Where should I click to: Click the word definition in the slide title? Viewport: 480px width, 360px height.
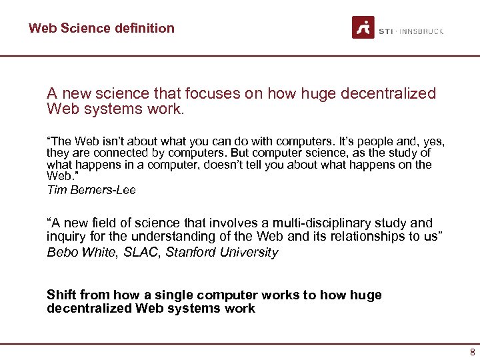tap(143, 28)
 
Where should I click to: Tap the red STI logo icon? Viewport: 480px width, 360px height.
tap(363, 27)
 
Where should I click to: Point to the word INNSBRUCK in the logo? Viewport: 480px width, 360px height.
tap(422, 31)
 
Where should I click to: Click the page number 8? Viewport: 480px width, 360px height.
tap(472, 352)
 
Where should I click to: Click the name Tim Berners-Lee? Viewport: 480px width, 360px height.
tap(91, 190)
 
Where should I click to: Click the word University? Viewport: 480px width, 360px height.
tap(249, 252)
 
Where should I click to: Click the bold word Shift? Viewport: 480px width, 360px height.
tap(61, 295)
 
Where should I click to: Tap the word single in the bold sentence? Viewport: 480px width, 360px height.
tap(175, 295)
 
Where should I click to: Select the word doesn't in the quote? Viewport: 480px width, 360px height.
tap(223, 164)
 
